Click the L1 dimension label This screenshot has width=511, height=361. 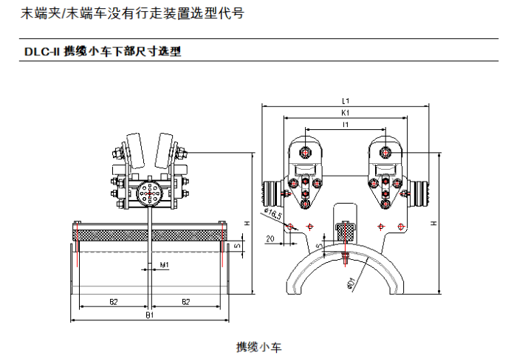point(346,101)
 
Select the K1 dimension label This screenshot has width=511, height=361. point(346,114)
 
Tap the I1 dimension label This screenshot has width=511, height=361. point(346,126)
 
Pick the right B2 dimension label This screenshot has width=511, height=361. point(185,301)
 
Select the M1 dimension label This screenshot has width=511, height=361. point(165,264)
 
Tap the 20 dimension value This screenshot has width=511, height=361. point(270,238)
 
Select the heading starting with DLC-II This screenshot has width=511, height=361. point(103,52)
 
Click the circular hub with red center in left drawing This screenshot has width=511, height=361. point(150,197)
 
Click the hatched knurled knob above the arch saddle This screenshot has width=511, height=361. point(346,231)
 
